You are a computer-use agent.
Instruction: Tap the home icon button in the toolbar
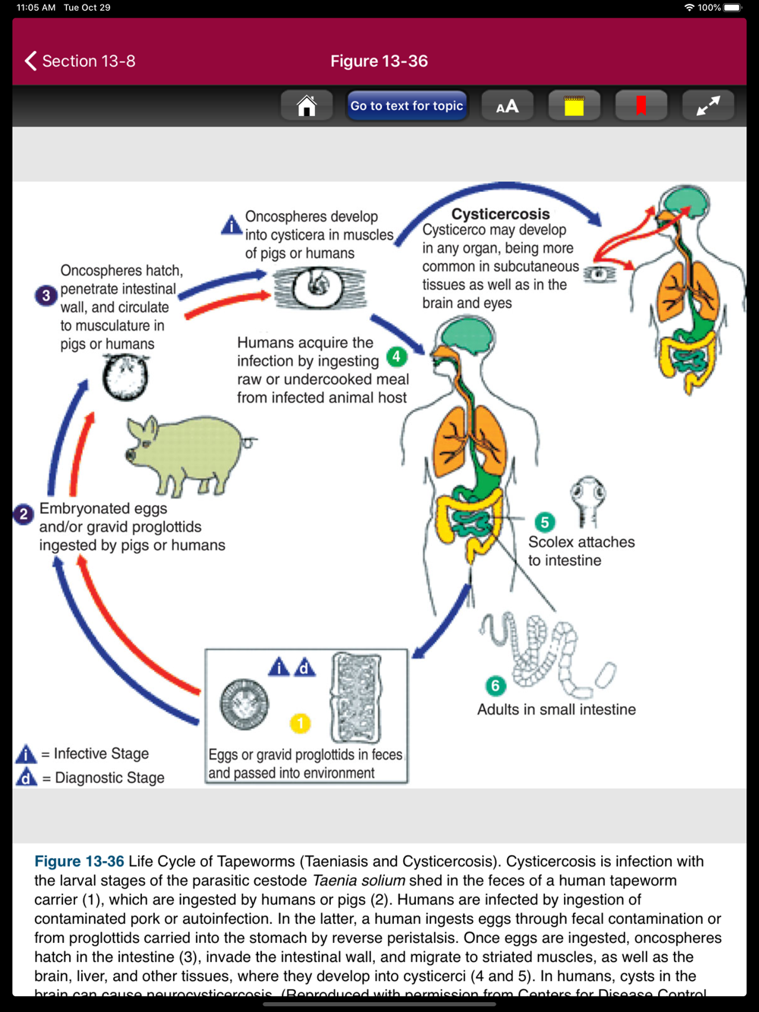[x=307, y=106]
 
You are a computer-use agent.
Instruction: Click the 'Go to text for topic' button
[x=407, y=106]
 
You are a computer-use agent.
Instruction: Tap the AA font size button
[x=507, y=106]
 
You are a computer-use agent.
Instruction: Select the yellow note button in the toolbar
[x=574, y=106]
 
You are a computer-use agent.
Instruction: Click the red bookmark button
[x=641, y=106]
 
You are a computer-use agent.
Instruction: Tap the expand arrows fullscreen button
[x=707, y=106]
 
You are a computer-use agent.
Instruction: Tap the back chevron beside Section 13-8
[x=31, y=61]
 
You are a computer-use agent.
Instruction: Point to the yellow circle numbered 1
[x=301, y=723]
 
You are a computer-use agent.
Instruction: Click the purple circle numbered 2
[x=24, y=514]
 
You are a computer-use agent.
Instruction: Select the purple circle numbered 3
[x=46, y=295]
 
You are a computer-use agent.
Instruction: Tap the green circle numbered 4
[x=396, y=356]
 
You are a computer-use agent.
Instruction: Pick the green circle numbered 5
[x=544, y=522]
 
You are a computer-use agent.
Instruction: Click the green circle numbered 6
[x=496, y=686]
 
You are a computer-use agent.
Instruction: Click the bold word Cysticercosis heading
[x=500, y=214]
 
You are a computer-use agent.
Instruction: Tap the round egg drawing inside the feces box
[x=244, y=703]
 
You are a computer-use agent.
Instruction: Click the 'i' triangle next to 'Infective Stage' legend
[x=27, y=754]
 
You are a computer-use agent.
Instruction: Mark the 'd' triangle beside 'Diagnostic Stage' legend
[x=27, y=778]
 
